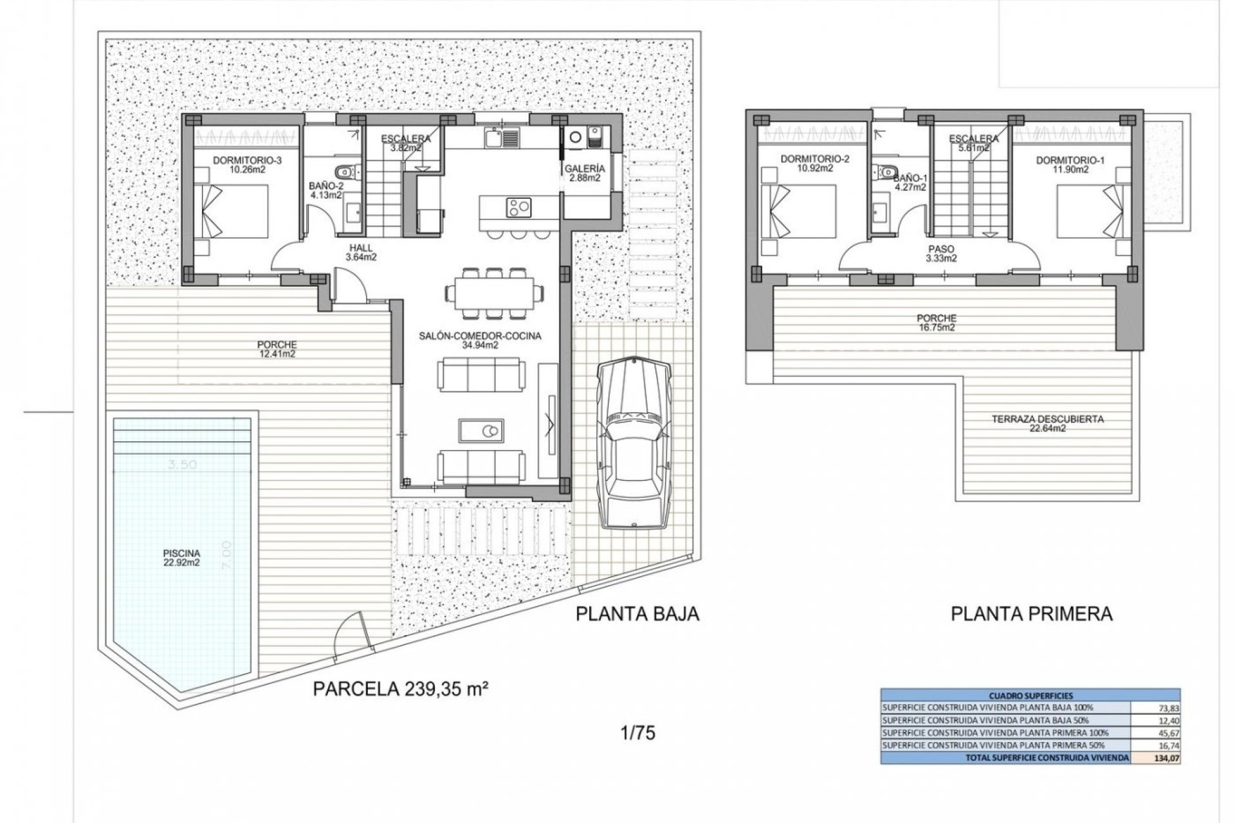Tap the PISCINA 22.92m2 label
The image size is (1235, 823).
182,557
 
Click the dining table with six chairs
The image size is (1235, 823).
492,294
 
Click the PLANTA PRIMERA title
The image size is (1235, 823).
1031,614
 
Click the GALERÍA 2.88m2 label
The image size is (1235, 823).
584,174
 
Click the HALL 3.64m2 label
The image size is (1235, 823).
360,252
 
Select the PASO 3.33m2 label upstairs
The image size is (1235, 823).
941,253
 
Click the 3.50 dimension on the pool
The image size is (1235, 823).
183,466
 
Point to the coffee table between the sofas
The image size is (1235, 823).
482,430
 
